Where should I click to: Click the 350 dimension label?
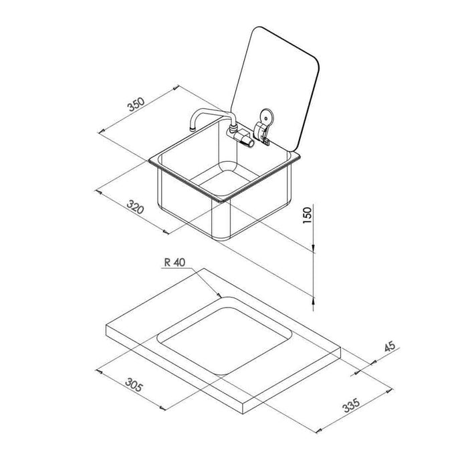tap(136, 104)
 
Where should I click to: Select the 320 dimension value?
tap(136, 207)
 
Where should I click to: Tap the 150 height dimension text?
tap(307, 215)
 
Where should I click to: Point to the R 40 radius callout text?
tap(175, 262)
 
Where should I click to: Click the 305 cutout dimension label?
tap(134, 384)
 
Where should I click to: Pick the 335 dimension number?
tap(351, 406)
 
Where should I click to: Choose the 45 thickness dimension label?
tap(389, 346)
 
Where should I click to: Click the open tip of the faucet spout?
tap(193, 129)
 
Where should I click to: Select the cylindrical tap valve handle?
tap(245, 140)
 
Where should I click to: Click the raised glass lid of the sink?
tap(275, 88)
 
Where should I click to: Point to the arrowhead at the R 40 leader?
tap(220, 296)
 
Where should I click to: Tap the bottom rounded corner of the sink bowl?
tap(221, 237)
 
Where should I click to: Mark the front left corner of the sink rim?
tap(149, 161)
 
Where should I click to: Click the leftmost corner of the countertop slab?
tap(106, 326)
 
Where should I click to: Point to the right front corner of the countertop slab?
tap(340, 348)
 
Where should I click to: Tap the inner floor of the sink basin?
tap(225, 179)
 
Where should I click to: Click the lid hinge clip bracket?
tap(261, 133)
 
